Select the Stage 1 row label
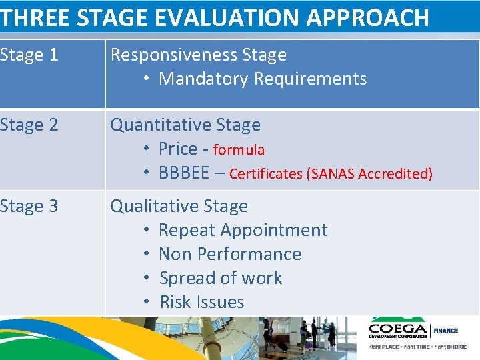pos(29,55)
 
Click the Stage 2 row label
pos(29,125)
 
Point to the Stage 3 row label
pos(29,207)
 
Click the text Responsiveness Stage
pos(198,55)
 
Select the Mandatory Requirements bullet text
pos(263,79)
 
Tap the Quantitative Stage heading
pos(185,125)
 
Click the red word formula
pos(239,150)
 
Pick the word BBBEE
pos(184,173)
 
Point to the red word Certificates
pos(265,174)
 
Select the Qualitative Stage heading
pos(179,207)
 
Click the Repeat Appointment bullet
pos(243,231)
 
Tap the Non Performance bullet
pos(230,255)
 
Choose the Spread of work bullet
pos(221,279)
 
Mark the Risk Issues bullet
pos(202,303)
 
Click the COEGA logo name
pos(399,329)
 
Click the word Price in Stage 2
pos(178,149)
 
